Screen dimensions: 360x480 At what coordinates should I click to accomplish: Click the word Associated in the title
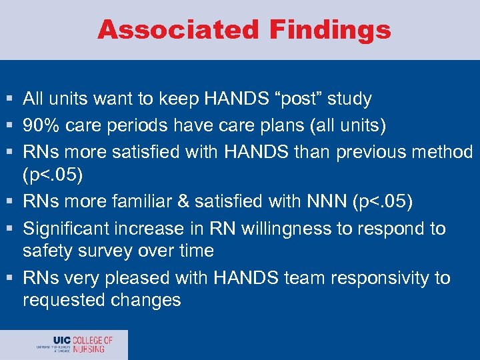pyautogui.click(x=177, y=30)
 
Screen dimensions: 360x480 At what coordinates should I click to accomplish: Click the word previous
pyautogui.click(x=367, y=151)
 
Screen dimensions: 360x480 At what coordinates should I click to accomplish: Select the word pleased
pyautogui.click(x=135, y=277)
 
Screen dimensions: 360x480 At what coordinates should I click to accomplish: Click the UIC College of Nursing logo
pyautogui.click(x=75, y=345)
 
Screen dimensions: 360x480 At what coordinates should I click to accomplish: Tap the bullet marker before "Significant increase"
pyautogui.click(x=9, y=229)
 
